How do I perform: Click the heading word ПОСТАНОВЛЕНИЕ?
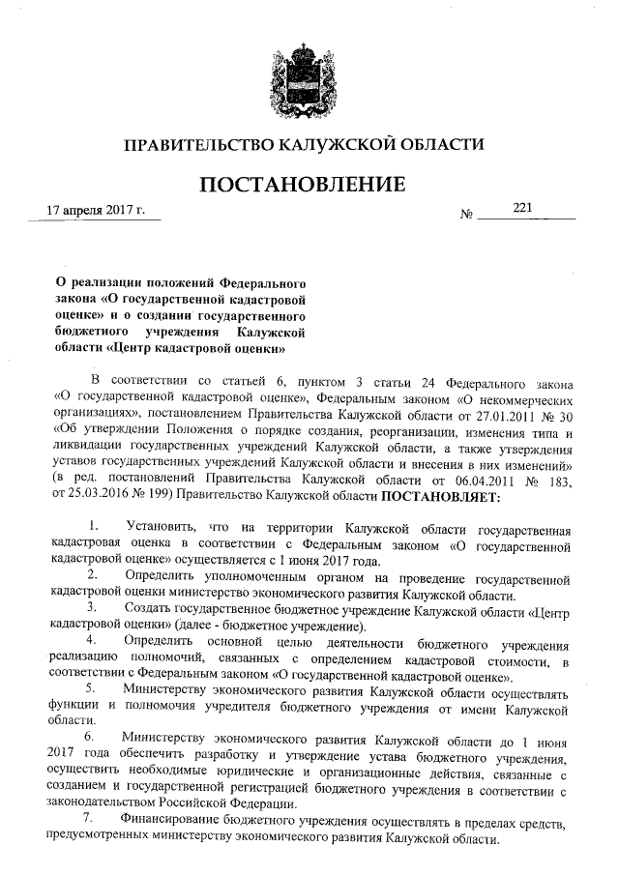302,185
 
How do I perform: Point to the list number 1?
93,529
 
